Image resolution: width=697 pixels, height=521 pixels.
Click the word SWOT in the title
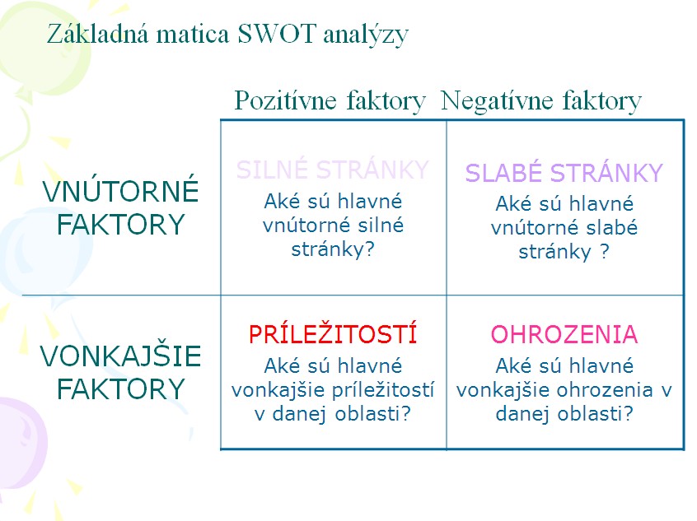277,34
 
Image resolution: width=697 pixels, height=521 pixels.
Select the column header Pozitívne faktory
330,100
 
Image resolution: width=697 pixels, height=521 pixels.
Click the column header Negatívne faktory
541,100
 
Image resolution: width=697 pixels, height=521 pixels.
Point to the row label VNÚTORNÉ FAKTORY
120,207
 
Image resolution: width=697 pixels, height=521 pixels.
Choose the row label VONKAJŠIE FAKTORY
120,372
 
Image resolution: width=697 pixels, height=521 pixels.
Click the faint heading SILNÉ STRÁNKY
333,170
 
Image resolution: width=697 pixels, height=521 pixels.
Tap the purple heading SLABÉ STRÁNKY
564,172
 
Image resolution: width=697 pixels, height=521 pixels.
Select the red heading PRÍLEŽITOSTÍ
333,333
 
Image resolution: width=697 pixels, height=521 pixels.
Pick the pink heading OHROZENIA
564,334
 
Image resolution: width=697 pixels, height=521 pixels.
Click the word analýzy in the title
366,35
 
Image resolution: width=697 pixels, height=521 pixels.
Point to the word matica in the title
193,35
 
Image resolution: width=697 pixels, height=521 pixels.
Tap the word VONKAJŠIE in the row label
120,356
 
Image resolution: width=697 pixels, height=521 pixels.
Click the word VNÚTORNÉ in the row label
120,190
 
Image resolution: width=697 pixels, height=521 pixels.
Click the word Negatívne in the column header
497,100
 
